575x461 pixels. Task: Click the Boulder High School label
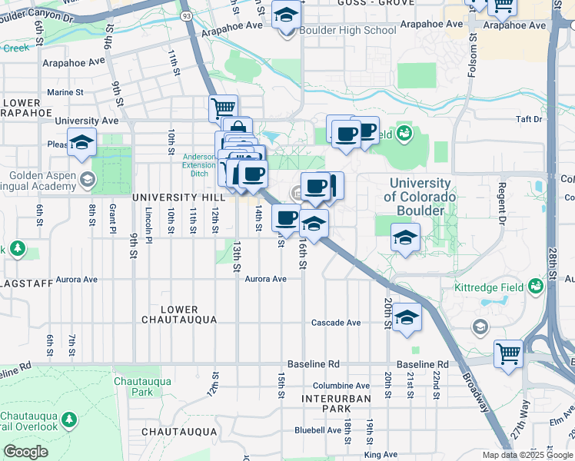click(x=348, y=31)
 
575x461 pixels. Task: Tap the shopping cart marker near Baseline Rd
click(x=508, y=354)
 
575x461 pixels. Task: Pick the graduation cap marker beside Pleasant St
click(x=81, y=142)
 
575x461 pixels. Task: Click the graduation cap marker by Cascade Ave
click(x=407, y=316)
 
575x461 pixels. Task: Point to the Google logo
click(x=25, y=452)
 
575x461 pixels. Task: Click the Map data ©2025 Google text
click(x=527, y=455)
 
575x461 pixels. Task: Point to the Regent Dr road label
click(x=502, y=199)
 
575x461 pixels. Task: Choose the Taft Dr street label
click(x=529, y=119)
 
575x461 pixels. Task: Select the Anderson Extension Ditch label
click(x=199, y=165)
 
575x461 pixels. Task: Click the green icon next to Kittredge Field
click(x=536, y=287)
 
